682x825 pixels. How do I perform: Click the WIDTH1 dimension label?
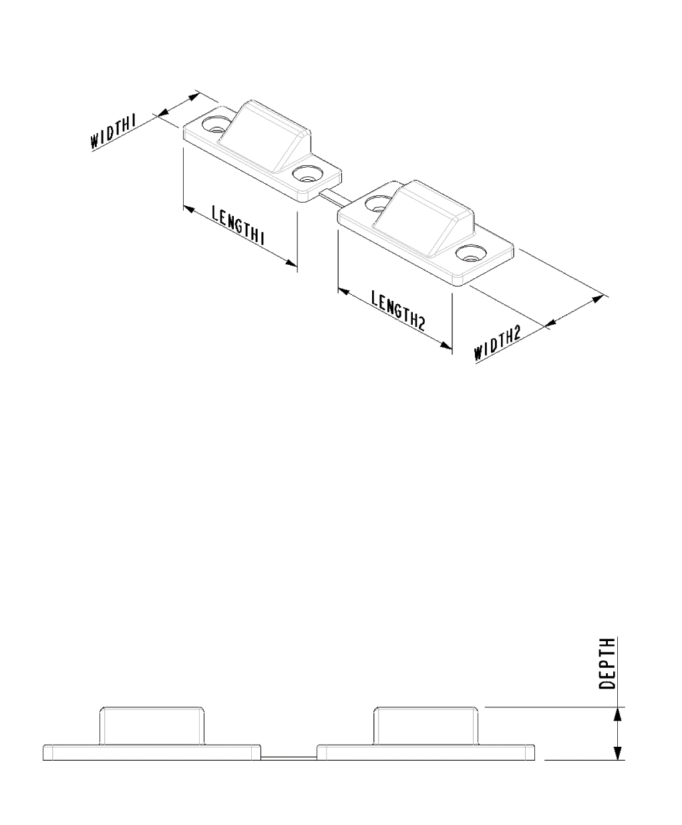coord(114,132)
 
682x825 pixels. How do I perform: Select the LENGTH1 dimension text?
coord(238,225)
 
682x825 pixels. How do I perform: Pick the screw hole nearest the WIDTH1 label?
coord(216,124)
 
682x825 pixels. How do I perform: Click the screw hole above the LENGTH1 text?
coord(307,174)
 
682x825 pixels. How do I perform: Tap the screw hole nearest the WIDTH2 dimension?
coord(471,254)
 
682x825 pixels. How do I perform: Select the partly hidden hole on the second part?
coord(375,203)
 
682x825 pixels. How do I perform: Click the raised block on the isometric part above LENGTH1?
coord(265,136)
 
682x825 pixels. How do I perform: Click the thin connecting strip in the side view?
coord(289,757)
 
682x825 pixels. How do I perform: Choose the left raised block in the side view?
coord(152,726)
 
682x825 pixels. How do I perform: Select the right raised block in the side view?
coord(425,726)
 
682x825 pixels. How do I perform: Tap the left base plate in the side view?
coord(152,752)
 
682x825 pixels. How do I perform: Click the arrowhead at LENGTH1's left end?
coord(190,209)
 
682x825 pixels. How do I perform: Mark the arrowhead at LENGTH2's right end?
coord(446,346)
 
